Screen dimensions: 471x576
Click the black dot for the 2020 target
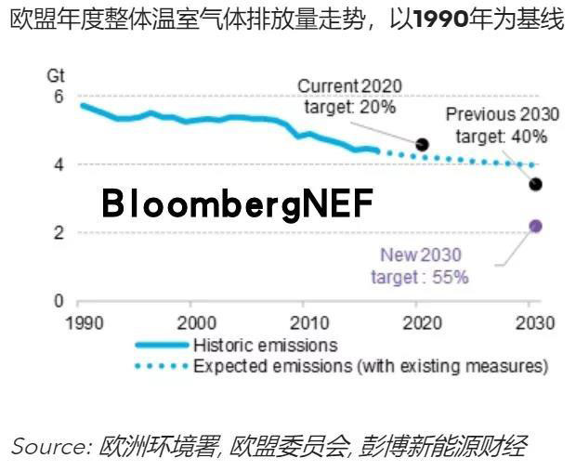click(x=423, y=145)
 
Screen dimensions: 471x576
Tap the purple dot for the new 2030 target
click(x=535, y=226)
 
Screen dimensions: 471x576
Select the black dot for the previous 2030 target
click(x=535, y=184)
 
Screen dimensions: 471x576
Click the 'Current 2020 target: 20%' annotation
click(x=349, y=96)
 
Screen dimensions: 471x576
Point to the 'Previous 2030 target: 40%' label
click(x=503, y=125)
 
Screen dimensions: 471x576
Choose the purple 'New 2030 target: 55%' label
click(x=420, y=265)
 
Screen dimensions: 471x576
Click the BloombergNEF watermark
click(x=238, y=203)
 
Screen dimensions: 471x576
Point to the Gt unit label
click(x=56, y=74)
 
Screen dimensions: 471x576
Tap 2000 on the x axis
click(x=190, y=323)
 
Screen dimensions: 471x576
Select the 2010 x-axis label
click(x=307, y=323)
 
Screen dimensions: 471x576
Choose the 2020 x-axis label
click(x=423, y=323)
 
